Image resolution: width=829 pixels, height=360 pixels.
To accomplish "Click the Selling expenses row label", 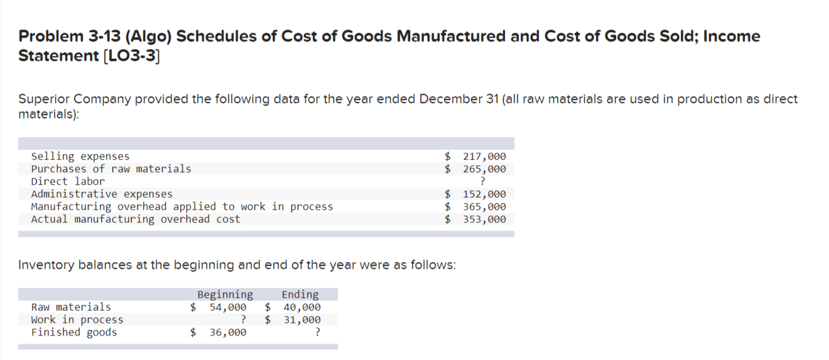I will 80,156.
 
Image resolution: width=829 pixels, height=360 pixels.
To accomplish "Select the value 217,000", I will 484,156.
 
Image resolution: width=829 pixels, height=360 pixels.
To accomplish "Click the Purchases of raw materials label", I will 111,169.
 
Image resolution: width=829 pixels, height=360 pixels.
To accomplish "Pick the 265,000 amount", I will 484,169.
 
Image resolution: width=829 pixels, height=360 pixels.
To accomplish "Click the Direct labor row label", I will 68,182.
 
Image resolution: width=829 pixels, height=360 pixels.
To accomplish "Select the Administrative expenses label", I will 102,194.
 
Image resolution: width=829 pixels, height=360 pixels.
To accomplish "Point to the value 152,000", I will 484,194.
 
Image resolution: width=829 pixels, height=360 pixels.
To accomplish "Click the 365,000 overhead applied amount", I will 484,207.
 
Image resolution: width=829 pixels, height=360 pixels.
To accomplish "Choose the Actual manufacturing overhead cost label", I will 136,219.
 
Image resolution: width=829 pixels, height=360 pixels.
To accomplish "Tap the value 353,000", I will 484,219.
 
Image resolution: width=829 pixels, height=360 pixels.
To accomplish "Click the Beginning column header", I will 225,295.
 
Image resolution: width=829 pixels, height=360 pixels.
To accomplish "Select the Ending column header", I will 300,295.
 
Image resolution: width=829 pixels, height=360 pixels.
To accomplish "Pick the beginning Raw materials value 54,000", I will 227,307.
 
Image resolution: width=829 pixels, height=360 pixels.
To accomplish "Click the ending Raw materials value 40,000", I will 301,307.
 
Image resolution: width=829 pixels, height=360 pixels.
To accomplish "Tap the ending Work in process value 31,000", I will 301,320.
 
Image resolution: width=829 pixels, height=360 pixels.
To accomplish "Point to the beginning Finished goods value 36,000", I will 227,332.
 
